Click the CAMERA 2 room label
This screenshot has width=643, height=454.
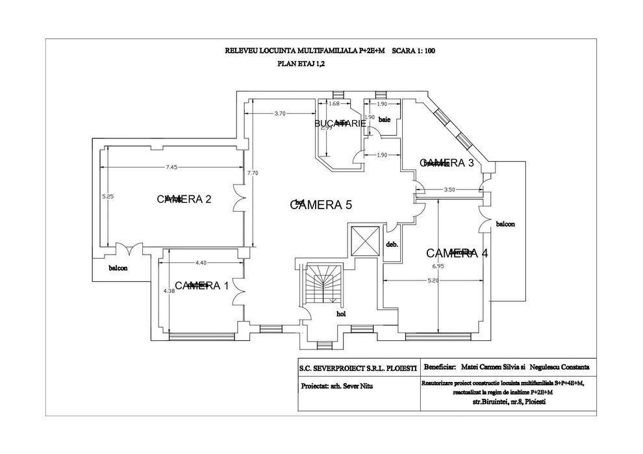tap(184, 199)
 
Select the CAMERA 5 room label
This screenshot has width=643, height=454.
tap(320, 205)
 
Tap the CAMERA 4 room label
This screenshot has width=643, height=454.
tap(457, 253)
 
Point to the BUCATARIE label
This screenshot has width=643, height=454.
tap(336, 123)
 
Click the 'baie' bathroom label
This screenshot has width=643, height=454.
tap(385, 120)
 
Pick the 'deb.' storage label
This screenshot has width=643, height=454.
tap(392, 245)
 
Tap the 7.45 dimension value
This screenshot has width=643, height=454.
tap(171, 167)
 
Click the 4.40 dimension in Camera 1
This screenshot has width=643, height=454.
tap(200, 262)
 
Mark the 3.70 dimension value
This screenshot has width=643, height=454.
tap(280, 114)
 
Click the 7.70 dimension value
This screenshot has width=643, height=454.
tap(253, 173)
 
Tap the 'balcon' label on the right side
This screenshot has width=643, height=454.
tap(505, 224)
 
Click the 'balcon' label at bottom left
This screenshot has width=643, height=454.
tap(118, 268)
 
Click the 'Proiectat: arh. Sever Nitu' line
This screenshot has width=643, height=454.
tap(337, 386)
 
